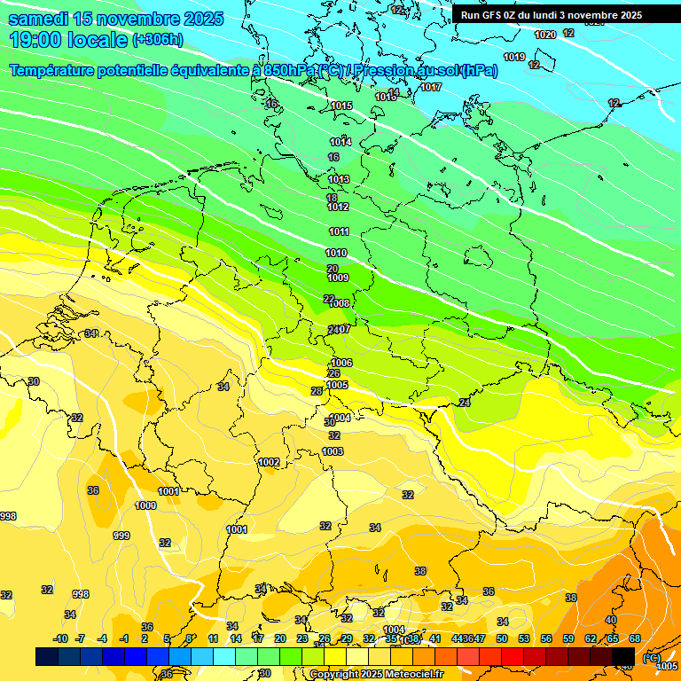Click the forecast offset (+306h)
157,40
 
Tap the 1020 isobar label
545,35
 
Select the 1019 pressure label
514,57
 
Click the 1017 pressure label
431,87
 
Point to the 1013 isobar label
339,180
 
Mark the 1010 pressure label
337,253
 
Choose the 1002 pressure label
269,462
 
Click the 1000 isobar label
145,505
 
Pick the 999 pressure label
121,536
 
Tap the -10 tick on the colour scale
60,638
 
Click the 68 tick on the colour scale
635,638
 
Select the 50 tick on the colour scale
502,638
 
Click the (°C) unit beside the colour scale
652,658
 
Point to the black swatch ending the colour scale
623,657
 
